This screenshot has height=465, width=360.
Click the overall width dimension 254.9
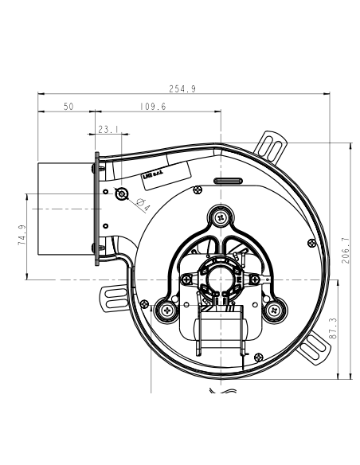coord(184,89)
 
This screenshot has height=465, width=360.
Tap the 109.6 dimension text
coord(152,106)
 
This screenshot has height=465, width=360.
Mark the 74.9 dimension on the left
coord(22,236)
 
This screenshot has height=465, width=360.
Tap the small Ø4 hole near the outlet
coord(122,194)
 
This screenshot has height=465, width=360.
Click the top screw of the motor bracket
coord(221,215)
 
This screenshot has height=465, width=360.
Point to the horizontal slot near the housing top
coord(228,181)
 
